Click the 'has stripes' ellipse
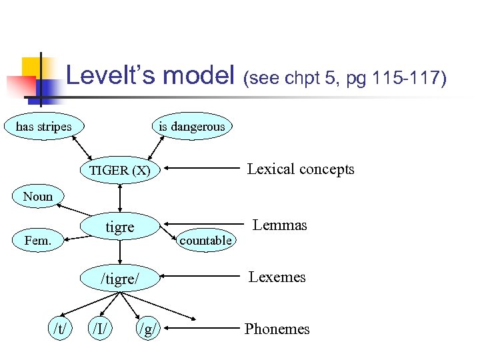tap(44, 126)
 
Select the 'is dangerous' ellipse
tap(192, 126)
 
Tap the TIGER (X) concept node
tap(120, 170)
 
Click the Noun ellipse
tap(37, 196)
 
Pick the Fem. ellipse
tap(37, 240)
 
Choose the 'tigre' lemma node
tap(120, 227)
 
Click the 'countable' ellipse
tap(206, 240)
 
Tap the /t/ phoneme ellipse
tap(59, 328)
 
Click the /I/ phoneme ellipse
tap(102, 328)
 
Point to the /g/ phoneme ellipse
tap(148, 328)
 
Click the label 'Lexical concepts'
tap(301, 169)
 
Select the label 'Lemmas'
tap(280, 225)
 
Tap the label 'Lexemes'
tap(277, 277)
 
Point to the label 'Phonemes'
tap(277, 329)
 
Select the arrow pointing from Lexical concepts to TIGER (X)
tap(200, 169)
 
